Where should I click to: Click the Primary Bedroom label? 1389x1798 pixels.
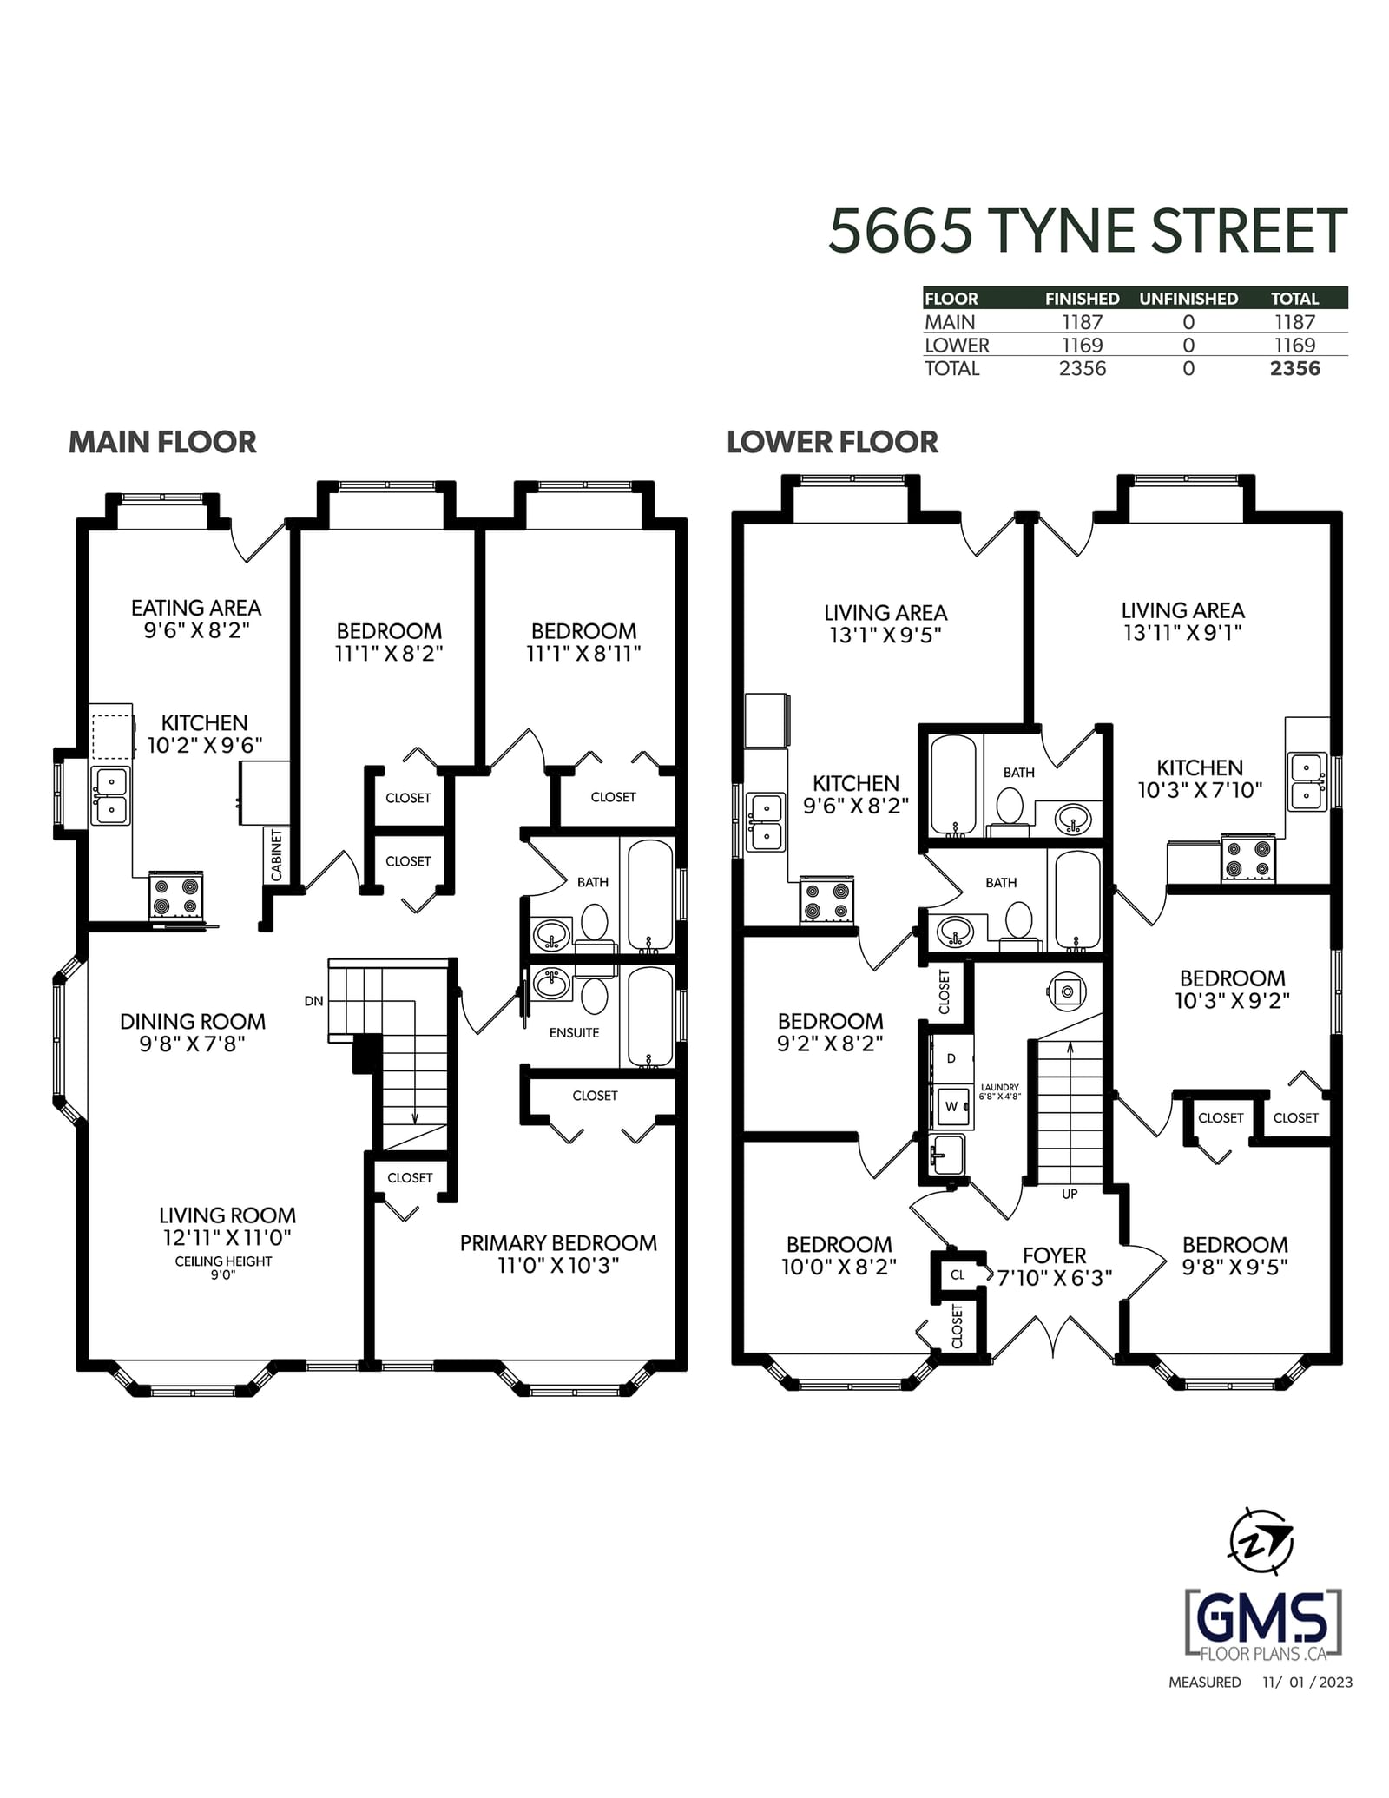pyautogui.click(x=558, y=1243)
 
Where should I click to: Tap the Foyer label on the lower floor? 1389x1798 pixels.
pyautogui.click(x=1054, y=1255)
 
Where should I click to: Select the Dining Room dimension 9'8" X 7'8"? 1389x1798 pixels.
pyautogui.click(x=193, y=1044)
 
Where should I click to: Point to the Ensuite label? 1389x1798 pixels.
pyautogui.click(x=574, y=1032)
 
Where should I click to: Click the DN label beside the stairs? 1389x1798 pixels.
pyautogui.click(x=313, y=1001)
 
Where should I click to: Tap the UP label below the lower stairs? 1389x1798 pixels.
pyautogui.click(x=1070, y=1194)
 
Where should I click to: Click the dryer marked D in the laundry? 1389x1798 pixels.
pyautogui.click(x=951, y=1058)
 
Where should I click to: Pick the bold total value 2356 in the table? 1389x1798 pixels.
pyautogui.click(x=1294, y=368)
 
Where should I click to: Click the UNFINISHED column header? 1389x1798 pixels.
pyautogui.click(x=1188, y=299)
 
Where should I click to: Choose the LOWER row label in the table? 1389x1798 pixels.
pyautogui.click(x=957, y=345)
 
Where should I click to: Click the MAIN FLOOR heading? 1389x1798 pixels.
pyautogui.click(x=162, y=442)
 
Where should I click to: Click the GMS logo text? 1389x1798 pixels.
pyautogui.click(x=1263, y=1620)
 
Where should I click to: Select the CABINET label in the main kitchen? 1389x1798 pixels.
pyautogui.click(x=277, y=855)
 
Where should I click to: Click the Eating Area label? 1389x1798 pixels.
pyautogui.click(x=196, y=608)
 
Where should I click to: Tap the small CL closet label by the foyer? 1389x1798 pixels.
pyautogui.click(x=958, y=1275)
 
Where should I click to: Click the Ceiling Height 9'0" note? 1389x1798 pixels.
pyautogui.click(x=223, y=1268)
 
